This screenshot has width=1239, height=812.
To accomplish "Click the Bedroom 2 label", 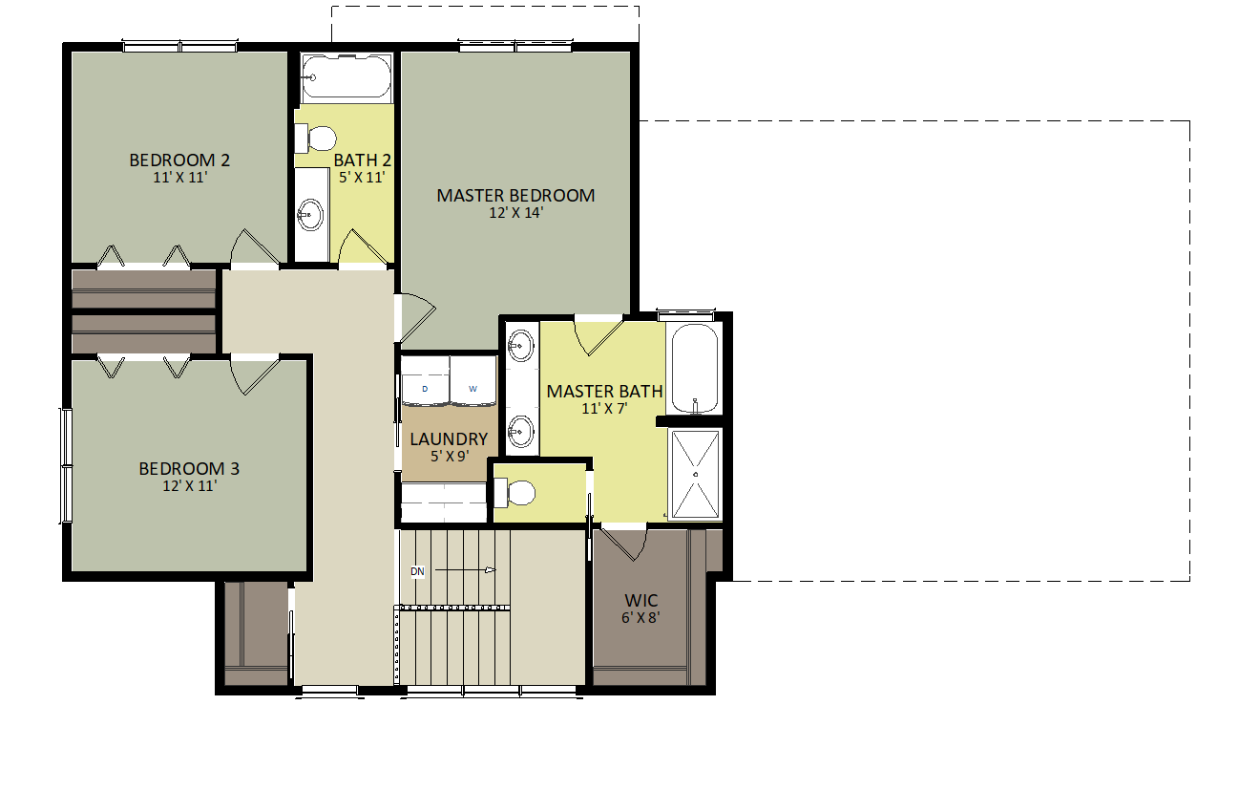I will pos(179,160).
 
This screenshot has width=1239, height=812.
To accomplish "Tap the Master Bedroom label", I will pos(515,196).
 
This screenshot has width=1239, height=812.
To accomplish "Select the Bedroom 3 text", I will pos(189,469).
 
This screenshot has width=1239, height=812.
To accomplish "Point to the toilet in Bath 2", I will pos(317,139).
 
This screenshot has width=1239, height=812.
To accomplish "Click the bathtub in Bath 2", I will pos(346,77).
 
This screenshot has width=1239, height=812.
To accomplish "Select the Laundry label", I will pos(449,439).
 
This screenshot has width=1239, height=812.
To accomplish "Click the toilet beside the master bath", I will pos(515,493).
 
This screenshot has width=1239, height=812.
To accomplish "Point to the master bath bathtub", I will pos(694,369).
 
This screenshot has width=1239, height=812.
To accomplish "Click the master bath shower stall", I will pos(695,474).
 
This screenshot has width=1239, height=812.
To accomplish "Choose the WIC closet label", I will pos(641,601).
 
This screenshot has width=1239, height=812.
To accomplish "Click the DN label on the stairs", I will pos(417,571).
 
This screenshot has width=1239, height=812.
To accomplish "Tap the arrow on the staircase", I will pos(468,570).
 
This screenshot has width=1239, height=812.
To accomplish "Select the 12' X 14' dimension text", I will pos(515,213).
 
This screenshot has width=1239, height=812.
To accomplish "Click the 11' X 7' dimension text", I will pos(604,408).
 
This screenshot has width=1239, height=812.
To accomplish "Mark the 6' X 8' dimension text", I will pos(641,617).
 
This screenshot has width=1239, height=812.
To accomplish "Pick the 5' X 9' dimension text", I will pos(449,457).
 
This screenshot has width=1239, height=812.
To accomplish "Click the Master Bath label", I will pos(604,391).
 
